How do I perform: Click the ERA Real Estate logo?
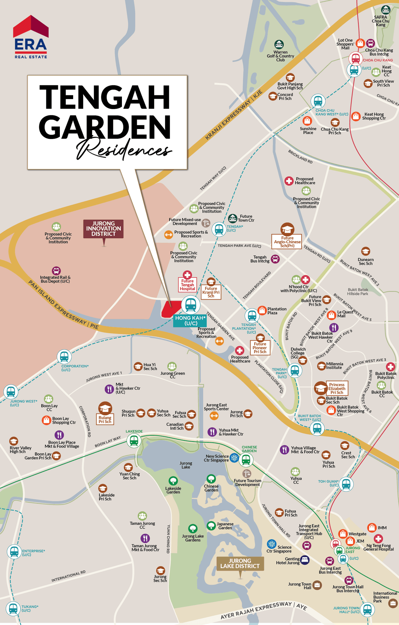point(31,37)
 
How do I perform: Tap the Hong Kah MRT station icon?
point(191,305)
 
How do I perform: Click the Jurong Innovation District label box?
point(103,229)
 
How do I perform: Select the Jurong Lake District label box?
point(240,563)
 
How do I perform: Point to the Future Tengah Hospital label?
point(187,285)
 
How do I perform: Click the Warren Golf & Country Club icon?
point(279,45)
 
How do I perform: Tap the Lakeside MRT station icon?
point(134,440)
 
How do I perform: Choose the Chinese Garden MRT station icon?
point(246,460)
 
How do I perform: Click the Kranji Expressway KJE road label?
point(233,115)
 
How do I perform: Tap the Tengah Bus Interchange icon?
point(275,259)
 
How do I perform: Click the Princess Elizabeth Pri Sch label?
point(337,388)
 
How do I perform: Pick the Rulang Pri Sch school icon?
point(105,408)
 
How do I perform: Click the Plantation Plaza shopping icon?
point(262,310)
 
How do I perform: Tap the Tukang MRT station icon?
point(13,608)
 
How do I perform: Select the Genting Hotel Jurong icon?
point(304,560)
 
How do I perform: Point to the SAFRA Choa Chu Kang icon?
point(385,10)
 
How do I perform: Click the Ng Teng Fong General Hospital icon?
point(378,538)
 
